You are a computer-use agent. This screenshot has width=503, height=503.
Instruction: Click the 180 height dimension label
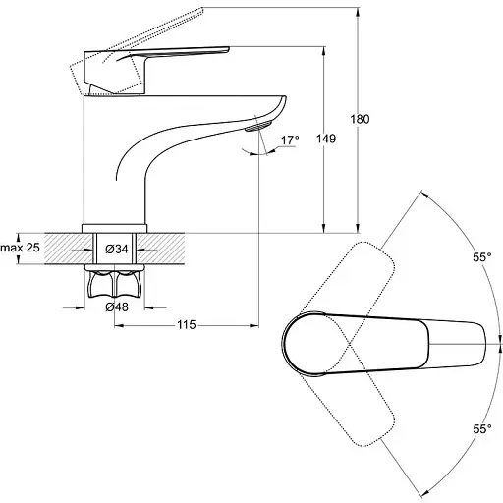[x=360, y=119]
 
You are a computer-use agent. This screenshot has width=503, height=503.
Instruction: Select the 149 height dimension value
[x=326, y=139]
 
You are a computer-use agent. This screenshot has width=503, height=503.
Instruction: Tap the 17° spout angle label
[x=290, y=140]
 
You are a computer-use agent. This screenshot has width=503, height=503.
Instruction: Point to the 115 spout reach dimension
[x=187, y=325]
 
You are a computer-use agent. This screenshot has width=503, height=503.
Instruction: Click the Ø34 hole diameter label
[x=117, y=250]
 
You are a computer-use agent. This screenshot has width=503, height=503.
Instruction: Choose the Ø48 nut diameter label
[x=117, y=307]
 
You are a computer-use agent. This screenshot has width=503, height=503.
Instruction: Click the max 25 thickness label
[x=20, y=248]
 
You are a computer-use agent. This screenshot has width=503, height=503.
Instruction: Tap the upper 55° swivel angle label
[x=482, y=257]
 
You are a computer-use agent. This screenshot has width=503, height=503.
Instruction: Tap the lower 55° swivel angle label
[x=482, y=428]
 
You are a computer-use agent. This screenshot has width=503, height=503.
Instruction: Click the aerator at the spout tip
[x=258, y=126]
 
